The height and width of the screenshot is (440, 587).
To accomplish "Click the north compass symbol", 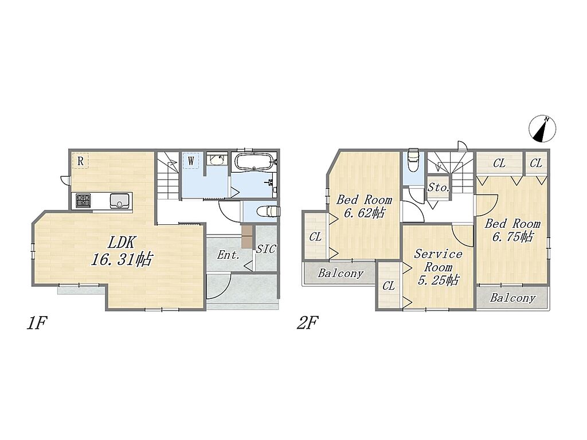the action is click(x=543, y=129).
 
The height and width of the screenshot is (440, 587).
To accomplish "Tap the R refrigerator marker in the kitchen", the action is click(x=80, y=161).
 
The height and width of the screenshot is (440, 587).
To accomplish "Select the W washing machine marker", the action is click(x=191, y=161).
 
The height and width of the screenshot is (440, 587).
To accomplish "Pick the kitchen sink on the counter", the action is click(x=120, y=201).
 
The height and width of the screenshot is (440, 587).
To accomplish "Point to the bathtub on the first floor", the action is click(x=254, y=162).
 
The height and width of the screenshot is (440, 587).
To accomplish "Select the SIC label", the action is click(x=266, y=249).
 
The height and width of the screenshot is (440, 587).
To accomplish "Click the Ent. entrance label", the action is click(x=228, y=255).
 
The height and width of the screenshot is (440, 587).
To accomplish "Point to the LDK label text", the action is click(x=121, y=243).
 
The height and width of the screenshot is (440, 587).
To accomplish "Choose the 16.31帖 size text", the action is click(x=122, y=259).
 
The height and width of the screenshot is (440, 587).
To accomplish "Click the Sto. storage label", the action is click(x=439, y=188).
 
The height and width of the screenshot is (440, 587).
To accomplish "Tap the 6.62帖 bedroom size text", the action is click(x=364, y=213).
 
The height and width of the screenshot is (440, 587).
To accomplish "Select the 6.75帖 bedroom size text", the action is click(x=512, y=237).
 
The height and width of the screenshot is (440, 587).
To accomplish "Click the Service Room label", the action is click(x=438, y=260).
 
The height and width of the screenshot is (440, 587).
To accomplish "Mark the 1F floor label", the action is click(x=36, y=323).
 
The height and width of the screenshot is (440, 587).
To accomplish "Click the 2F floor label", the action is click(x=307, y=323).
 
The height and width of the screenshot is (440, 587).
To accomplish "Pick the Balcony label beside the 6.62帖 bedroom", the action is click(x=341, y=273).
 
